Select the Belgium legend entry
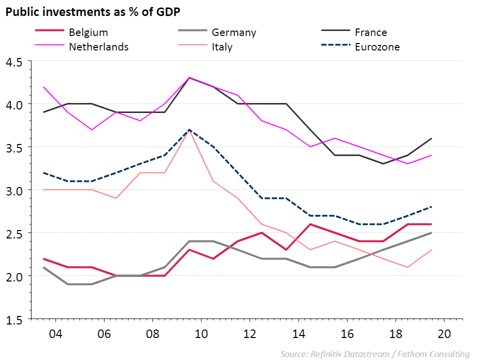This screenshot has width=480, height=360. (x=88, y=32)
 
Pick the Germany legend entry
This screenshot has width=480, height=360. (x=233, y=32)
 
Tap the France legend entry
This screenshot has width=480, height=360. (x=370, y=32)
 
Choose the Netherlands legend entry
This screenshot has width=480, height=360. (x=98, y=47)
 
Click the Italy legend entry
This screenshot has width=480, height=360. (x=222, y=47)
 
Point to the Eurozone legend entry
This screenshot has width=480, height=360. (x=377, y=47)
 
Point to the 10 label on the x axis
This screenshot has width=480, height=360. (x=200, y=333)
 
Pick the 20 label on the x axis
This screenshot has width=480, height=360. (x=444, y=333)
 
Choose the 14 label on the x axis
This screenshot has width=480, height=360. (x=298, y=333)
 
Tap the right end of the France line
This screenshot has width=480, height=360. (x=431, y=138)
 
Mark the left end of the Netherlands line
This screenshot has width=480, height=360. (x=44, y=87)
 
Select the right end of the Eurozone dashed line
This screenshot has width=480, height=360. (x=431, y=207)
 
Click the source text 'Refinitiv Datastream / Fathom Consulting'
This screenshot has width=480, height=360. (x=374, y=354)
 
